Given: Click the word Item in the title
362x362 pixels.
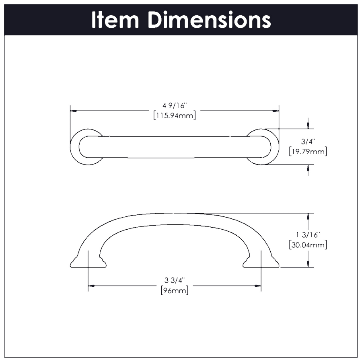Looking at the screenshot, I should (115, 20).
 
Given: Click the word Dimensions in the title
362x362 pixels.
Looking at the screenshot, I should (209, 20).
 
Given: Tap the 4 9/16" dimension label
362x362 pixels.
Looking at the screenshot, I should (175, 106).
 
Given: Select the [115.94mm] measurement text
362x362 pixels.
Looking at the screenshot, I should (175, 116).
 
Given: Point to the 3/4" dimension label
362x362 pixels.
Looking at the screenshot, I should (308, 142).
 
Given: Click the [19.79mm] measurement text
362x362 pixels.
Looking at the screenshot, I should (308, 152).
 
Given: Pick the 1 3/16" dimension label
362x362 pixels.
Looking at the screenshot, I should (308, 234).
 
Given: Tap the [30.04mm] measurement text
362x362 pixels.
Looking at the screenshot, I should (308, 245).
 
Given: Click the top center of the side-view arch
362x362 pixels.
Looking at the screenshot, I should (175, 214).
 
